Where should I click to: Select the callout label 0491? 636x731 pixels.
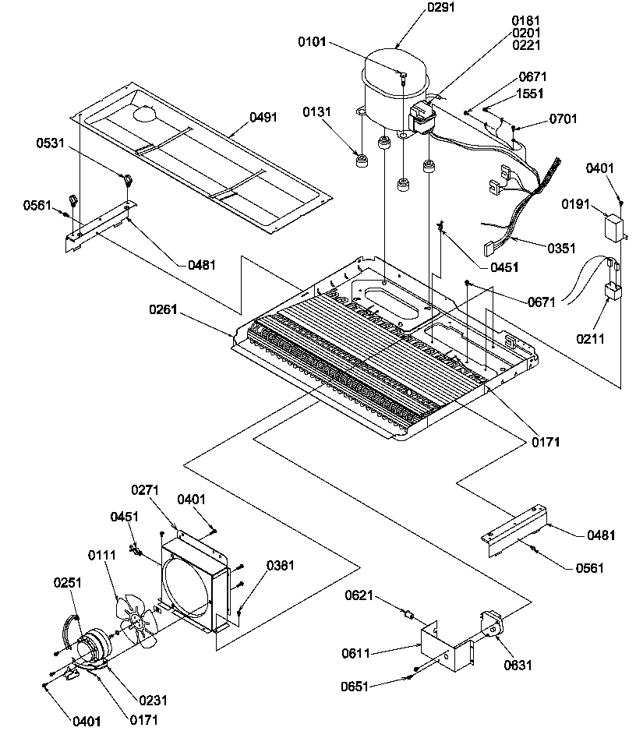pyautogui.click(x=263, y=118)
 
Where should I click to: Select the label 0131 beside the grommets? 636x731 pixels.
pyautogui.click(x=317, y=112)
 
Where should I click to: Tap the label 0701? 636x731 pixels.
pyautogui.click(x=564, y=118)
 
